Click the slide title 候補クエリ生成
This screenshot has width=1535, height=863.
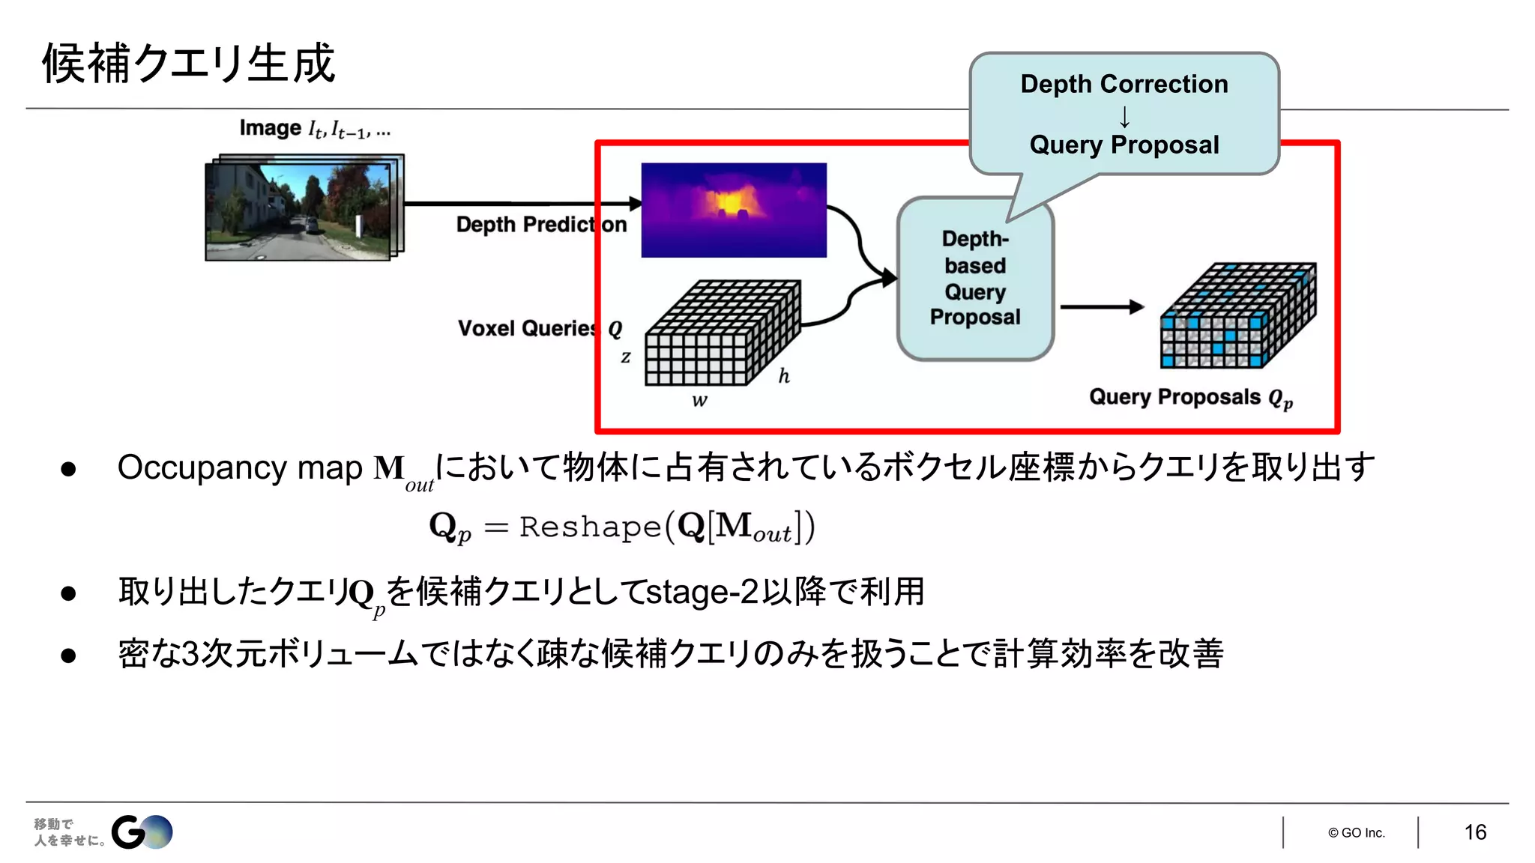188,63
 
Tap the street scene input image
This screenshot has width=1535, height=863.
300,210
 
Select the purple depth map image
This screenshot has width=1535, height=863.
734,210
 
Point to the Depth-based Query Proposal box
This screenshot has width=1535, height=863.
975,279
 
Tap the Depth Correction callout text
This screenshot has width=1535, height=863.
1124,84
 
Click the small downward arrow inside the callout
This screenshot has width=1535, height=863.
1124,117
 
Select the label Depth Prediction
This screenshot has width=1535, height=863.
541,225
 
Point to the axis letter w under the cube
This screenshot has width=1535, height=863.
699,401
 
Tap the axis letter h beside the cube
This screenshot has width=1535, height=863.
784,376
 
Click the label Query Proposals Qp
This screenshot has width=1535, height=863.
1190,397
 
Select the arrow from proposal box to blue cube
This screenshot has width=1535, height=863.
1100,306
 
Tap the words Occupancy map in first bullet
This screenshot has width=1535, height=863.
240,468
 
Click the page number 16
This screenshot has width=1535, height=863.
1475,832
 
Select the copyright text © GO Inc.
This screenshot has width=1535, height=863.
1357,833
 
